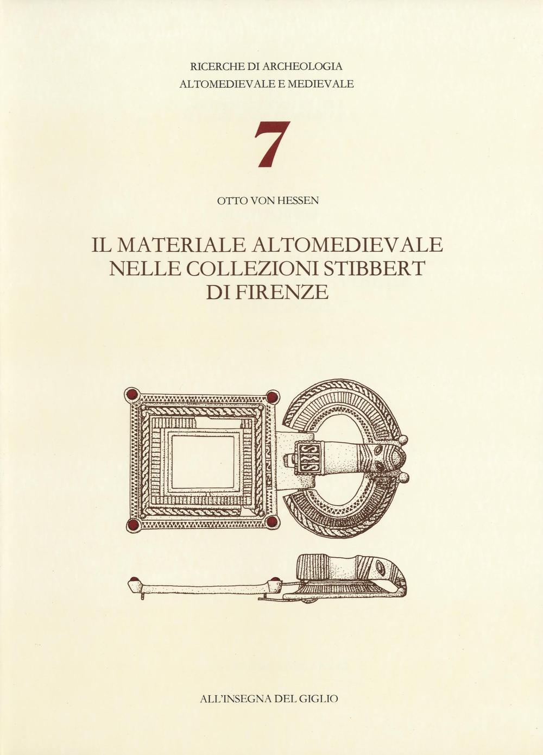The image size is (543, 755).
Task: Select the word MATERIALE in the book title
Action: click(x=183, y=245)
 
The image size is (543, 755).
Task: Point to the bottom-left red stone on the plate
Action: click(x=130, y=525)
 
